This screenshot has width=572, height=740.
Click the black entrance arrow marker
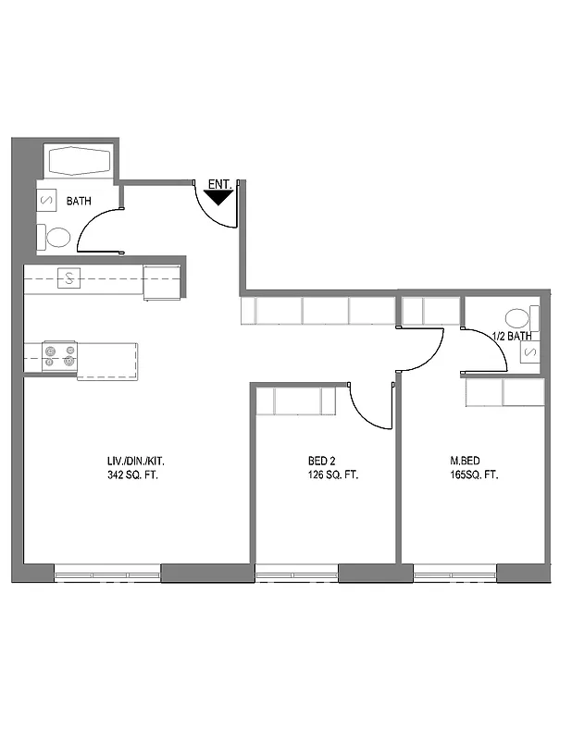pyautogui.click(x=218, y=196)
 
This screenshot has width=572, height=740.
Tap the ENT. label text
pyautogui.click(x=219, y=184)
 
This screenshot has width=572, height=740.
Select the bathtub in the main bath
pyautogui.click(x=81, y=161)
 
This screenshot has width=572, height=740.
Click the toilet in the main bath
pyautogui.click(x=56, y=238)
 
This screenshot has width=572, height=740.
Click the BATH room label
pyautogui.click(x=79, y=201)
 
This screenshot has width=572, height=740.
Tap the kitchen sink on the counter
pyautogui.click(x=69, y=277)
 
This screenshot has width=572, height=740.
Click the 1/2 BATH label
pyautogui.click(x=511, y=336)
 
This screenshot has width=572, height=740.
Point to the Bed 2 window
pyautogui.click(x=296, y=574)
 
